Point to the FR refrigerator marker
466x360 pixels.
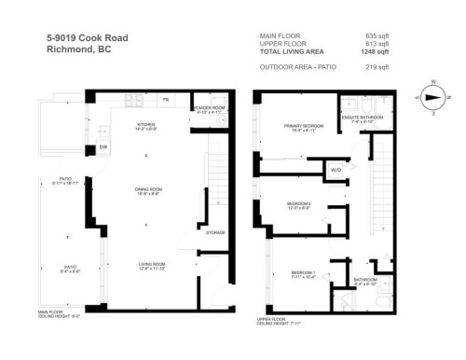[166, 98]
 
